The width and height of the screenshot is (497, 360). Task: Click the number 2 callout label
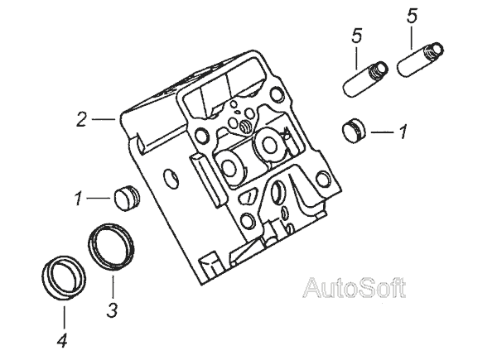coord(81,119)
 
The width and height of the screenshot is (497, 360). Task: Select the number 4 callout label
coord(62,339)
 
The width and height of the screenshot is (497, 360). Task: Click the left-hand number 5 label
coord(357,36)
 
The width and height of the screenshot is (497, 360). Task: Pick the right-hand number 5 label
coord(412,16)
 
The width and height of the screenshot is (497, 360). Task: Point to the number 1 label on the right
coord(403,131)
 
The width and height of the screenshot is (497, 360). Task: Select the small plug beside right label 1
coord(354,131)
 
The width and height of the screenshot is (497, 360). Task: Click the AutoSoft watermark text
coord(354,288)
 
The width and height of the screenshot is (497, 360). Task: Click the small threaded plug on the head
coord(248,126)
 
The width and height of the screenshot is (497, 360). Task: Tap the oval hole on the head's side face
coord(171,179)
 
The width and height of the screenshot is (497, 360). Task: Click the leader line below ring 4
coord(62,314)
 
